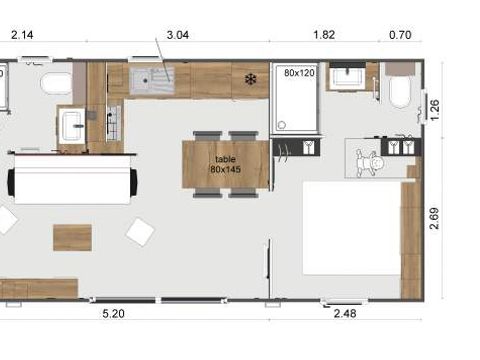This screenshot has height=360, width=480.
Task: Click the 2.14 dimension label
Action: [23, 35]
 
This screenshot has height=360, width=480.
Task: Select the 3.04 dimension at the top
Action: [177, 35]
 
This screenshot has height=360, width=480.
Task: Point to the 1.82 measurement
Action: [324, 35]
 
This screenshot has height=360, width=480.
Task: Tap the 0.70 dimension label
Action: [399, 35]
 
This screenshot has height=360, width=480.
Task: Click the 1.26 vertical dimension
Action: [433, 106]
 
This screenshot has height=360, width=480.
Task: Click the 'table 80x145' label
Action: [225, 164]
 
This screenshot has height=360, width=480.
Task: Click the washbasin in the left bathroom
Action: [72, 124]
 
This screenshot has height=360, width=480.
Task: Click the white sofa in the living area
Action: [70, 183]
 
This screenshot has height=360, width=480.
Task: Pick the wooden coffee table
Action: [72, 237]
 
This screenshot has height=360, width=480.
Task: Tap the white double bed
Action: [350, 226]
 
